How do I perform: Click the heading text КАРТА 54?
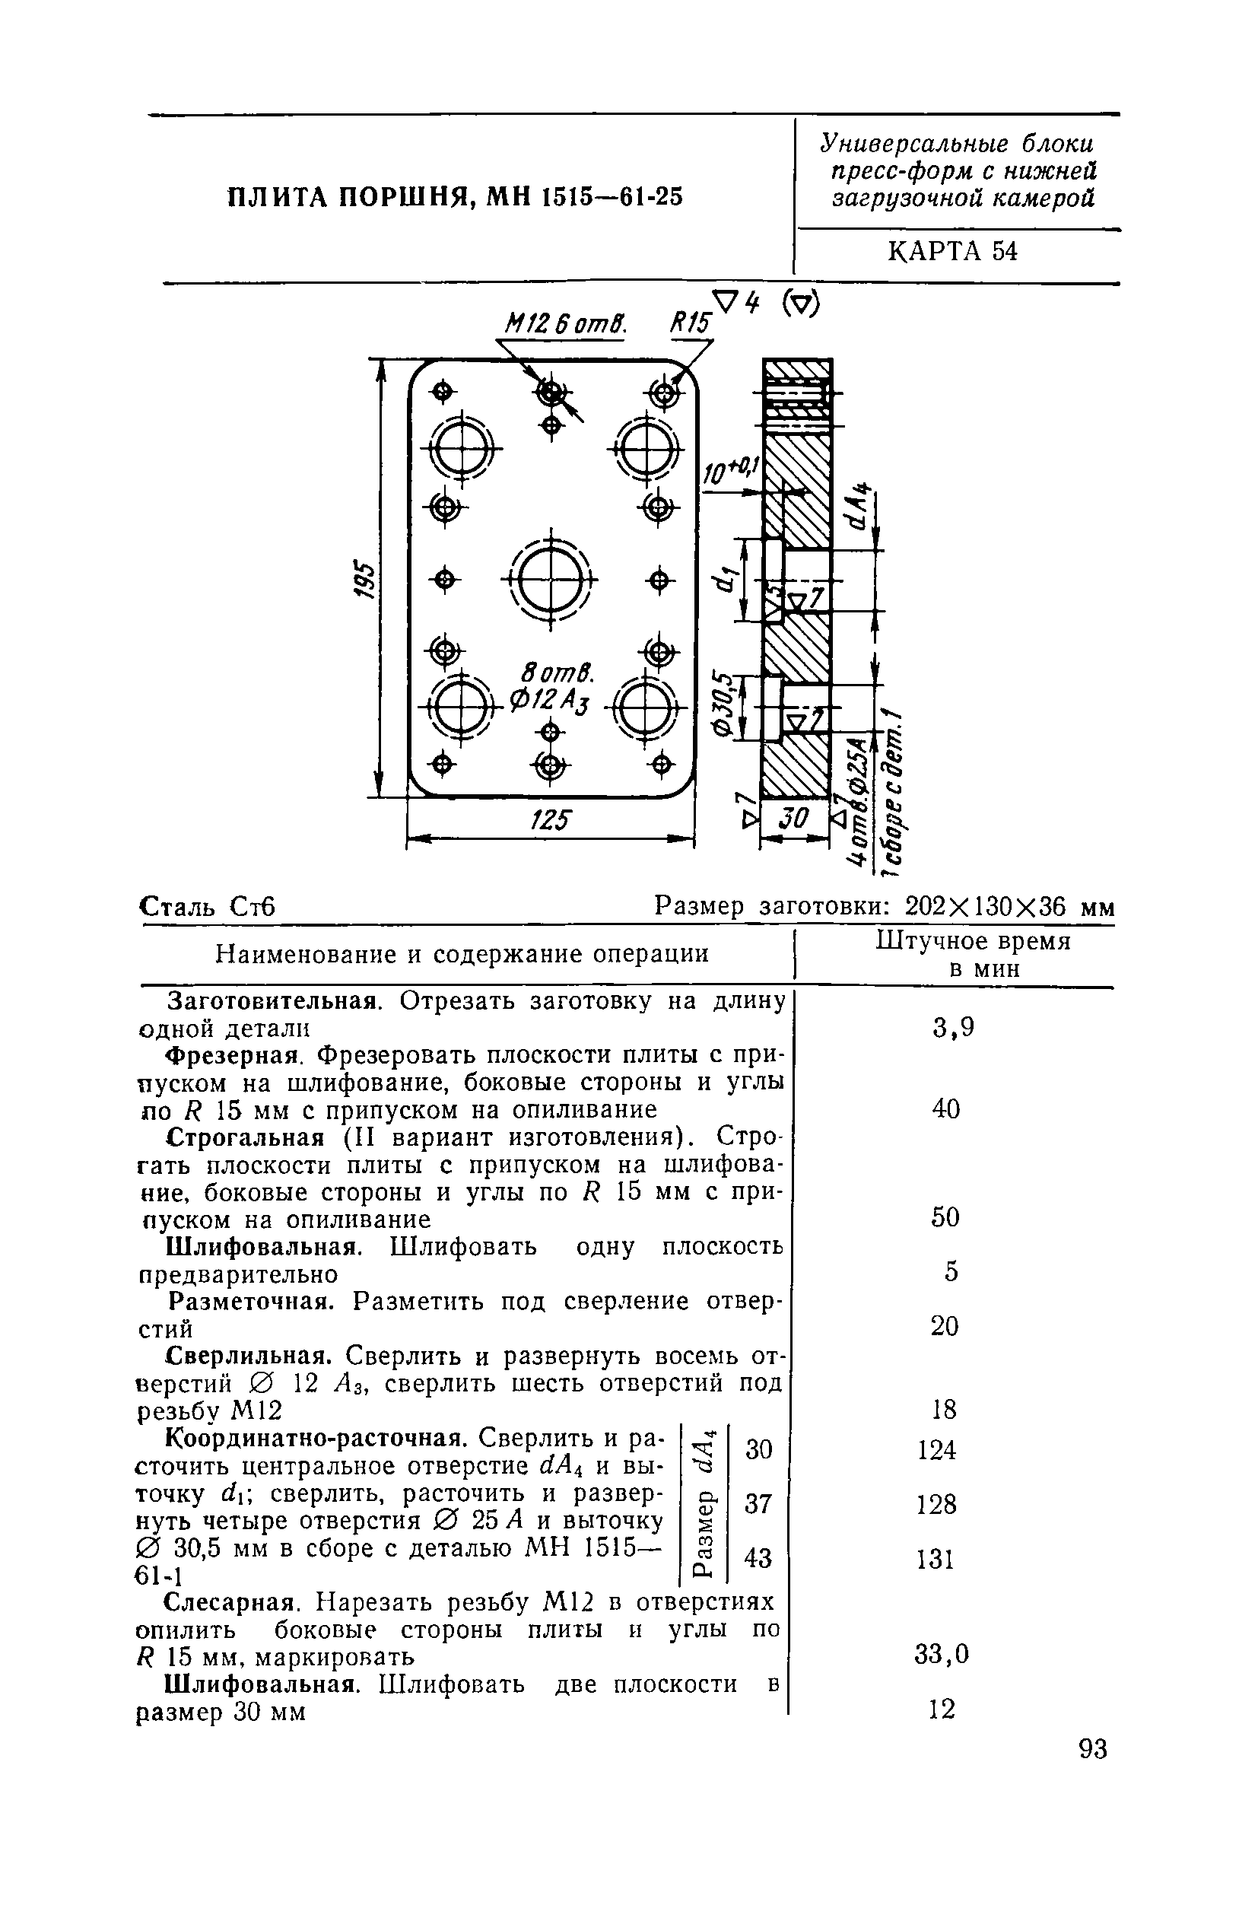(x=952, y=252)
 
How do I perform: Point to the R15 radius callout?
(x=690, y=323)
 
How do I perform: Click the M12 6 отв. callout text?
(x=565, y=324)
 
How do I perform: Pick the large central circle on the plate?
(x=551, y=577)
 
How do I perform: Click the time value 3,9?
(x=953, y=1027)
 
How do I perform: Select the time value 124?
(x=937, y=1450)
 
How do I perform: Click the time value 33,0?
(x=942, y=1654)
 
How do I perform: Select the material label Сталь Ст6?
(x=208, y=907)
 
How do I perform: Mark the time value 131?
(x=936, y=1559)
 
